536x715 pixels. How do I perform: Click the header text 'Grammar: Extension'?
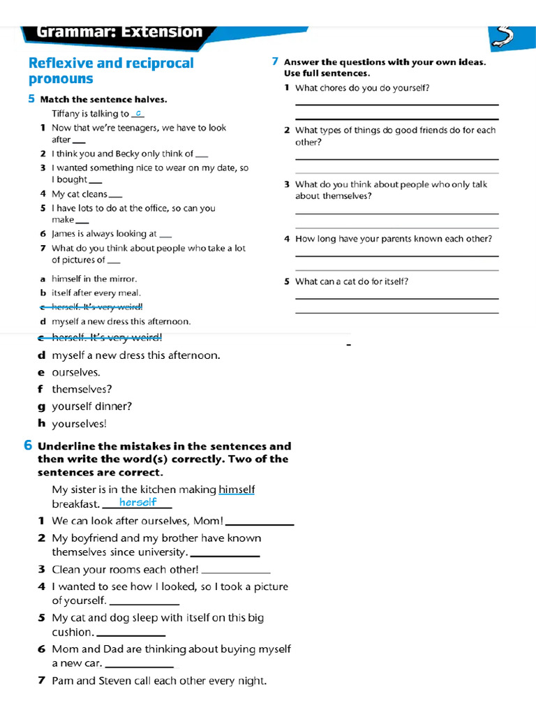point(119,31)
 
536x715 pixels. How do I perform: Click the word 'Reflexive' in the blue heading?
point(61,64)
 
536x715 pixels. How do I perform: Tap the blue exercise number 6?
point(28,445)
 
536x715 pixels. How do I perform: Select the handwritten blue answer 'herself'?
point(137,502)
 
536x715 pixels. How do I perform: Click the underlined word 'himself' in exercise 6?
point(237,489)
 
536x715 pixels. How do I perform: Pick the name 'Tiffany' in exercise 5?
point(67,114)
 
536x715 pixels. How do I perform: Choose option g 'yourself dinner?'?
point(91,406)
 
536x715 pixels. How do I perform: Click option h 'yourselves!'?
point(79,423)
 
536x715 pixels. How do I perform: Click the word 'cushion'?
point(72,632)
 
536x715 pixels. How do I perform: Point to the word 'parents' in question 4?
point(376,239)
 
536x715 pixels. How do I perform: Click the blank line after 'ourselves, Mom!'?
point(260,523)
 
